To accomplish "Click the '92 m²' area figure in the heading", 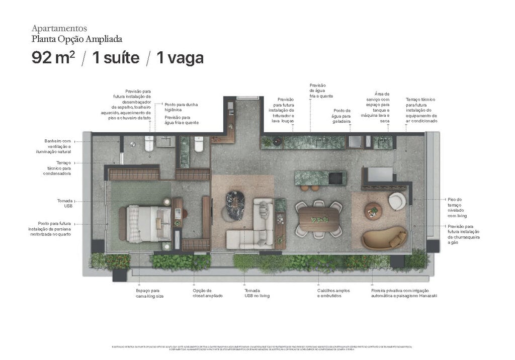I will (53, 58).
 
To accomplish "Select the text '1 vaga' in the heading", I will (180, 58).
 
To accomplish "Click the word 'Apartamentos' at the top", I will (59, 28).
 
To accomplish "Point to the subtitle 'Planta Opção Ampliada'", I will (76, 39).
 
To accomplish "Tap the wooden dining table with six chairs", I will (318, 219).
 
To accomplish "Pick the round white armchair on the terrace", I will (397, 201).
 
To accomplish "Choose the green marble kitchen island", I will (320, 177).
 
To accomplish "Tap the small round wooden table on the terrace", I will (373, 210).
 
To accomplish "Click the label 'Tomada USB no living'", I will (256, 293).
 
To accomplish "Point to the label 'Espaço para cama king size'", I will (150, 293).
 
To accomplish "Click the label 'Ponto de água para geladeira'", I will (341, 116).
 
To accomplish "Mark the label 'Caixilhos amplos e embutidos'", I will (333, 293).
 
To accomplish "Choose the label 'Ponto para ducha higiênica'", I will (181, 107).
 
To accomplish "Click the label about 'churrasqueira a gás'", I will (463, 234).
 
